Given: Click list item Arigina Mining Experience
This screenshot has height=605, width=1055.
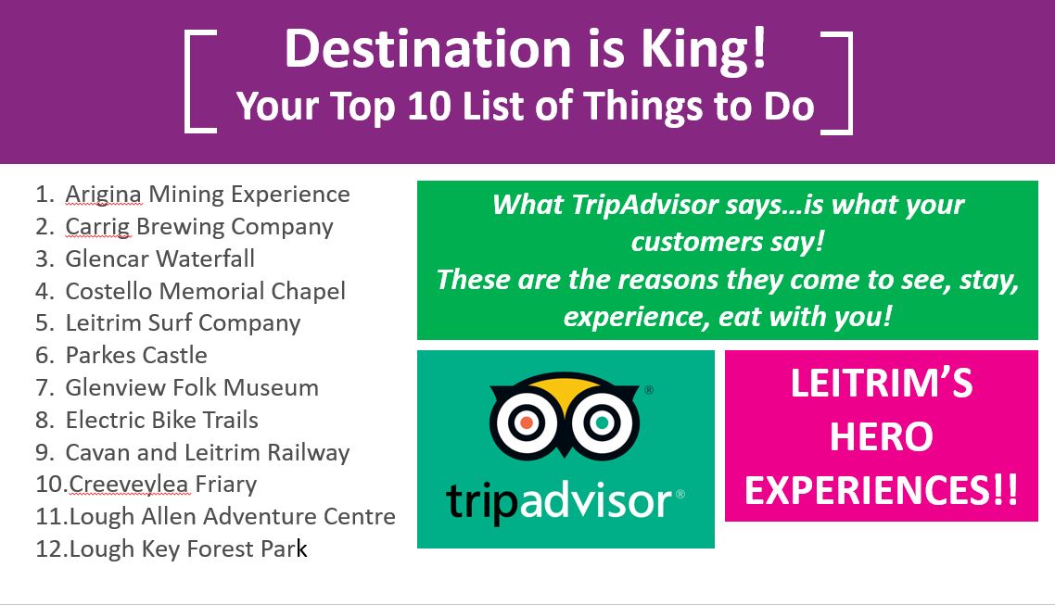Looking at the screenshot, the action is coord(208,195).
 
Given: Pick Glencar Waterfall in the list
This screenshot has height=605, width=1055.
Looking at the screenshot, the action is coord(160,258).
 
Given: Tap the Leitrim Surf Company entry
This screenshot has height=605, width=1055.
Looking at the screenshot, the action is coord(183,323).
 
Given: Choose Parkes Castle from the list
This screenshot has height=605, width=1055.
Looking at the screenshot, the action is coord(136,355).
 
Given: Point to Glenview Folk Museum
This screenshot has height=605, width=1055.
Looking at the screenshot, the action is coord(192,387).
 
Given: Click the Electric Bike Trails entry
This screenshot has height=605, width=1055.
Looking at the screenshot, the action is coord(161,420).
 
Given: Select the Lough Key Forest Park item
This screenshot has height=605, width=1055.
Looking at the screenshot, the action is coord(188,549).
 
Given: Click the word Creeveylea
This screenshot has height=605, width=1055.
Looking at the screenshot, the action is coord(129,484).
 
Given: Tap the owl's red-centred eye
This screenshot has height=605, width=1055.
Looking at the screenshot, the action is coord(527,422).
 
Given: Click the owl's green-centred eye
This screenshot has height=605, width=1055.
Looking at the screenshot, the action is coord(603,422).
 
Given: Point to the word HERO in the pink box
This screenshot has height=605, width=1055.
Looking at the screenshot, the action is coord(882,437).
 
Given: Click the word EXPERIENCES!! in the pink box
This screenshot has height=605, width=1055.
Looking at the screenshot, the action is coord(882,490).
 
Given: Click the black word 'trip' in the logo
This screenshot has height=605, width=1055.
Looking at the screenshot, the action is coord(482,502).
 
